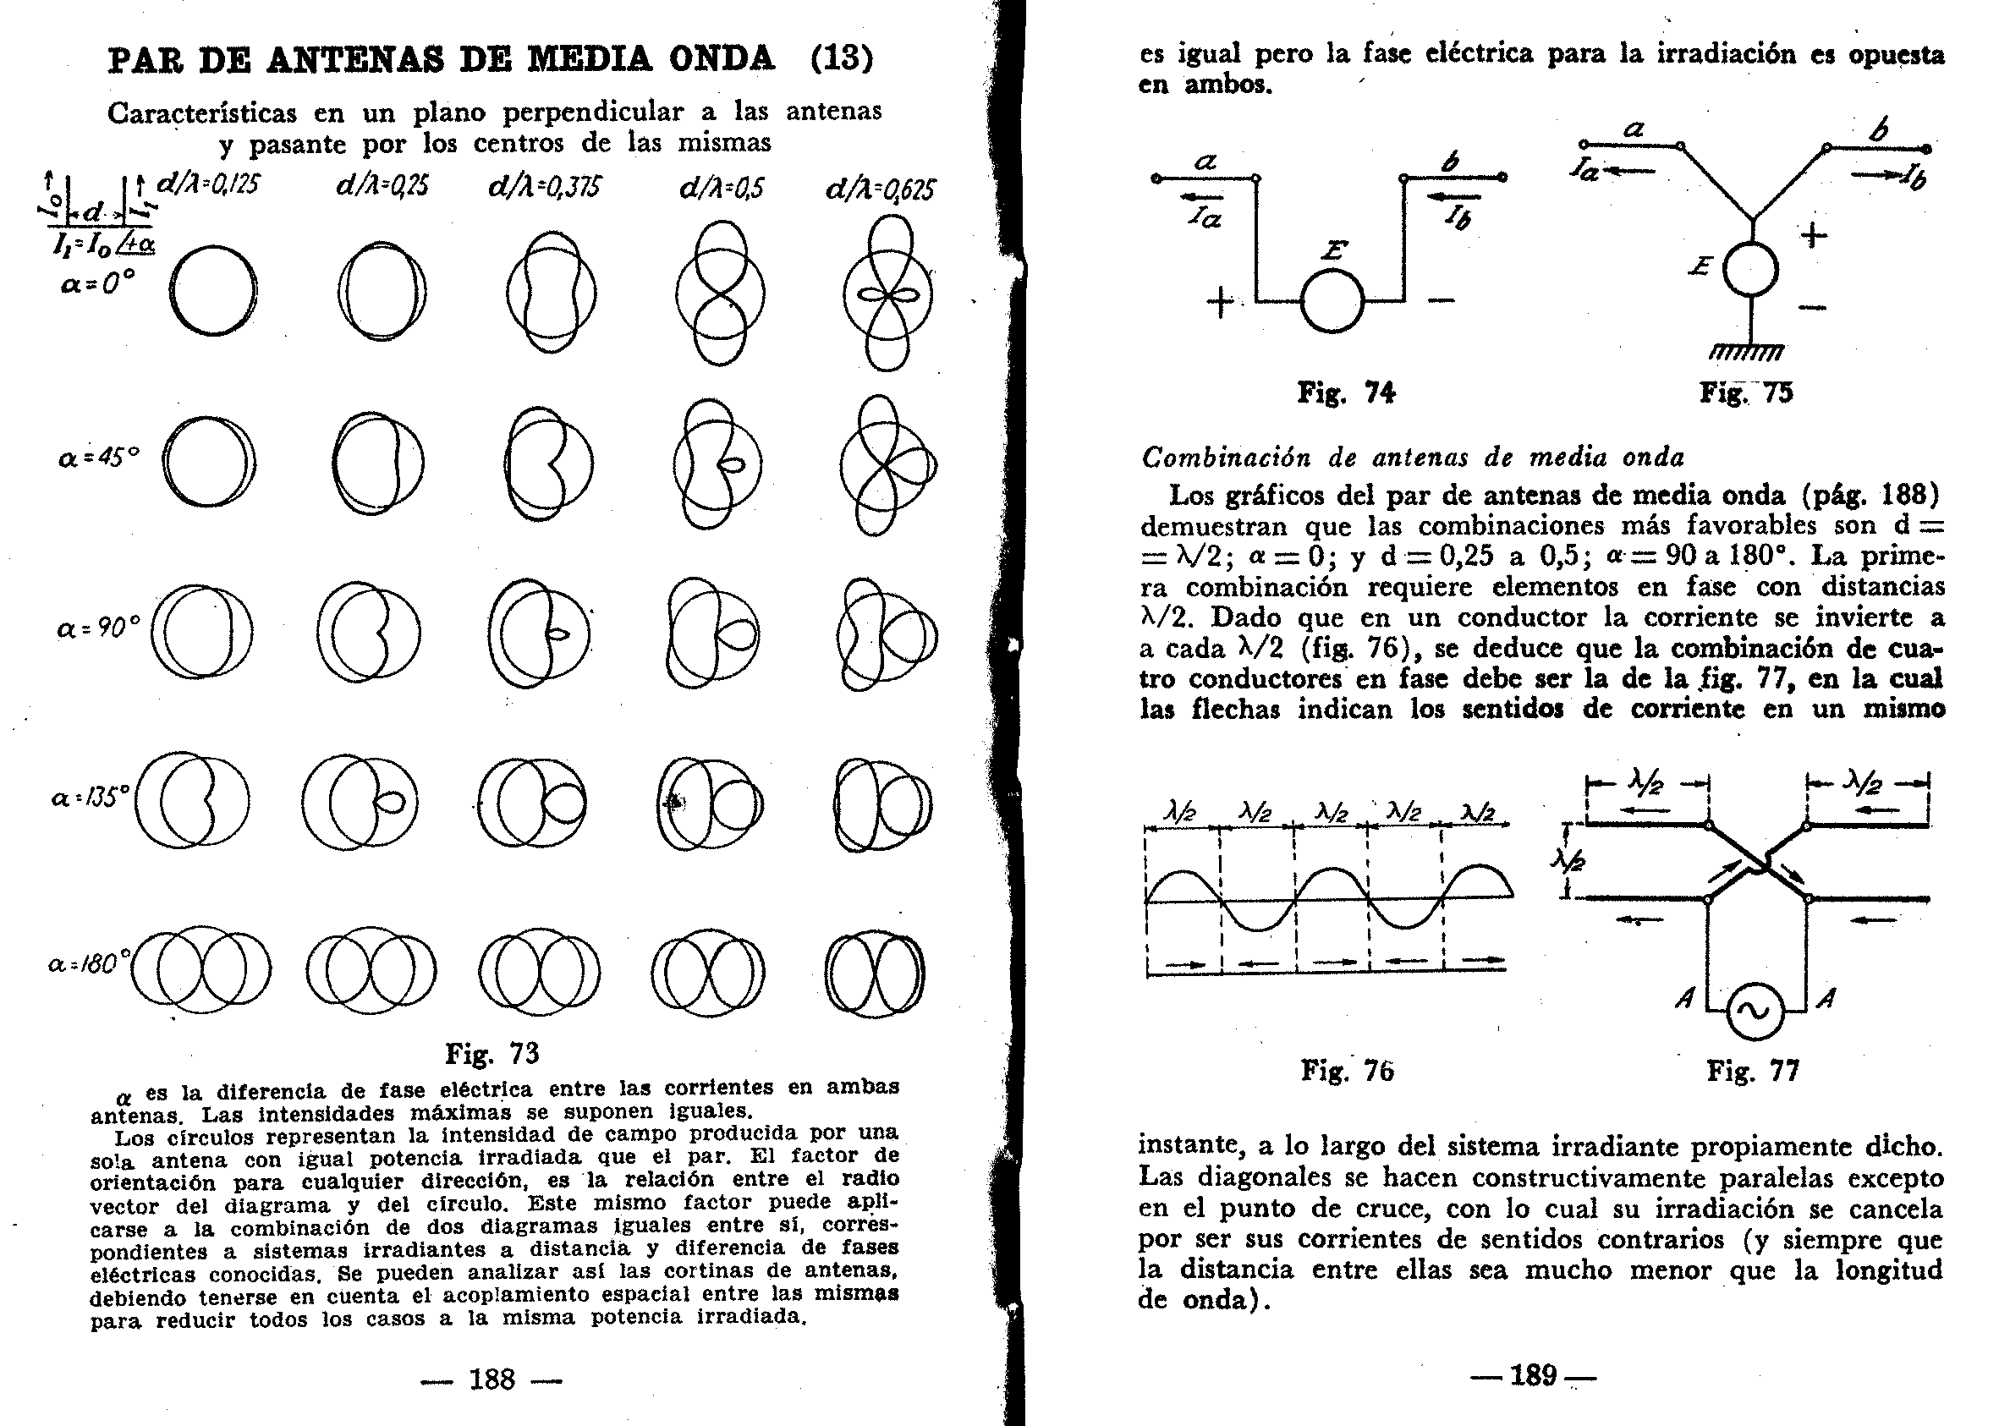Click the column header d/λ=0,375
point(544,186)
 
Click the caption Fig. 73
point(492,1053)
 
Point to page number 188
point(492,1379)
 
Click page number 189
point(1533,1374)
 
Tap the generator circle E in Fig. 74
point(1332,301)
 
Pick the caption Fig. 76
point(1347,1071)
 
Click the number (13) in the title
point(841,58)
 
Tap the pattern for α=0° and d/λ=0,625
point(887,294)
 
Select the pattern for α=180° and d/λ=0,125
point(202,970)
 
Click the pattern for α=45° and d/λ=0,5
point(717,463)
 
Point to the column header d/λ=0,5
point(722,187)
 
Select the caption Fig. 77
point(1753,1071)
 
